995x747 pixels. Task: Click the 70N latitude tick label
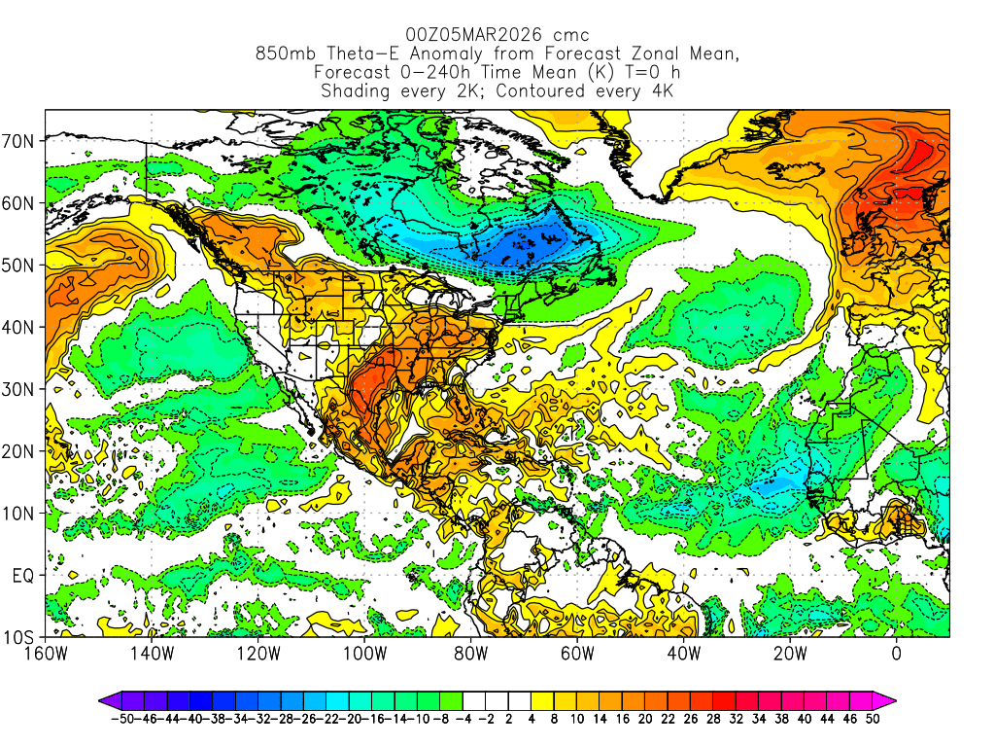[x=20, y=140]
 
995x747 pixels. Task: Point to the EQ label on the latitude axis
[x=23, y=575]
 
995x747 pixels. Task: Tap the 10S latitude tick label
[x=20, y=637]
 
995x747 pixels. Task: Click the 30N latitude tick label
[x=20, y=389]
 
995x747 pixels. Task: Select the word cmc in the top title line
[x=570, y=35]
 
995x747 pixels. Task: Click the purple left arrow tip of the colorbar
[x=103, y=700]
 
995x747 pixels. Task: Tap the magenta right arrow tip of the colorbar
[x=891, y=700]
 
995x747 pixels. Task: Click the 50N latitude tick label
[x=20, y=265]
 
